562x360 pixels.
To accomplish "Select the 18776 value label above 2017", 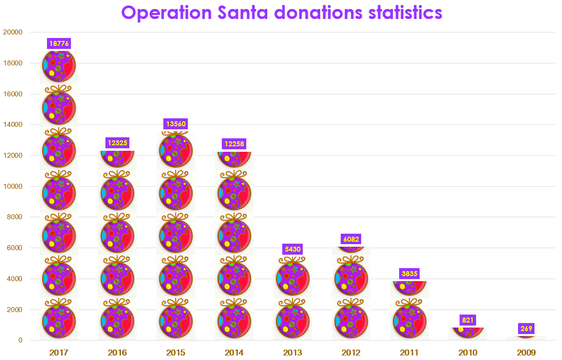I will [x=59, y=43].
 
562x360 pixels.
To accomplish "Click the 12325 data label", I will [x=117, y=143].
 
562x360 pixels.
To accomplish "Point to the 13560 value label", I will [x=176, y=124].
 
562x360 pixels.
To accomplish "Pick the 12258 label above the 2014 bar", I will [x=234, y=144].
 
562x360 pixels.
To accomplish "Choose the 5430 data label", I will [x=293, y=249].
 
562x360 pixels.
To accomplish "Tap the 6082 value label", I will [x=351, y=239].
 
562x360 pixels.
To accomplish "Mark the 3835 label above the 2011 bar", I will [x=410, y=274].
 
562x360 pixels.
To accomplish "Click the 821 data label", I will [x=468, y=320].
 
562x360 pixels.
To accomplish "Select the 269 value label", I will [x=527, y=329].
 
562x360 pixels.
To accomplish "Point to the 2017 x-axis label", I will [x=59, y=353].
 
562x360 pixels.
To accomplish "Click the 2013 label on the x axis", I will [x=293, y=353].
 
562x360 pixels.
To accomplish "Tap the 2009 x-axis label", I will [x=527, y=353].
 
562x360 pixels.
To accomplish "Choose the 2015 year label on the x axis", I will [x=176, y=353].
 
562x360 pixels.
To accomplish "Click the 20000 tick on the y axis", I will [x=13, y=32].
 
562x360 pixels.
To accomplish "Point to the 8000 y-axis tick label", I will [x=15, y=217].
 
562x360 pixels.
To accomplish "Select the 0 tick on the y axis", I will [x=20, y=341].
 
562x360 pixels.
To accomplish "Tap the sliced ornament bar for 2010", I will [x=468, y=333].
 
